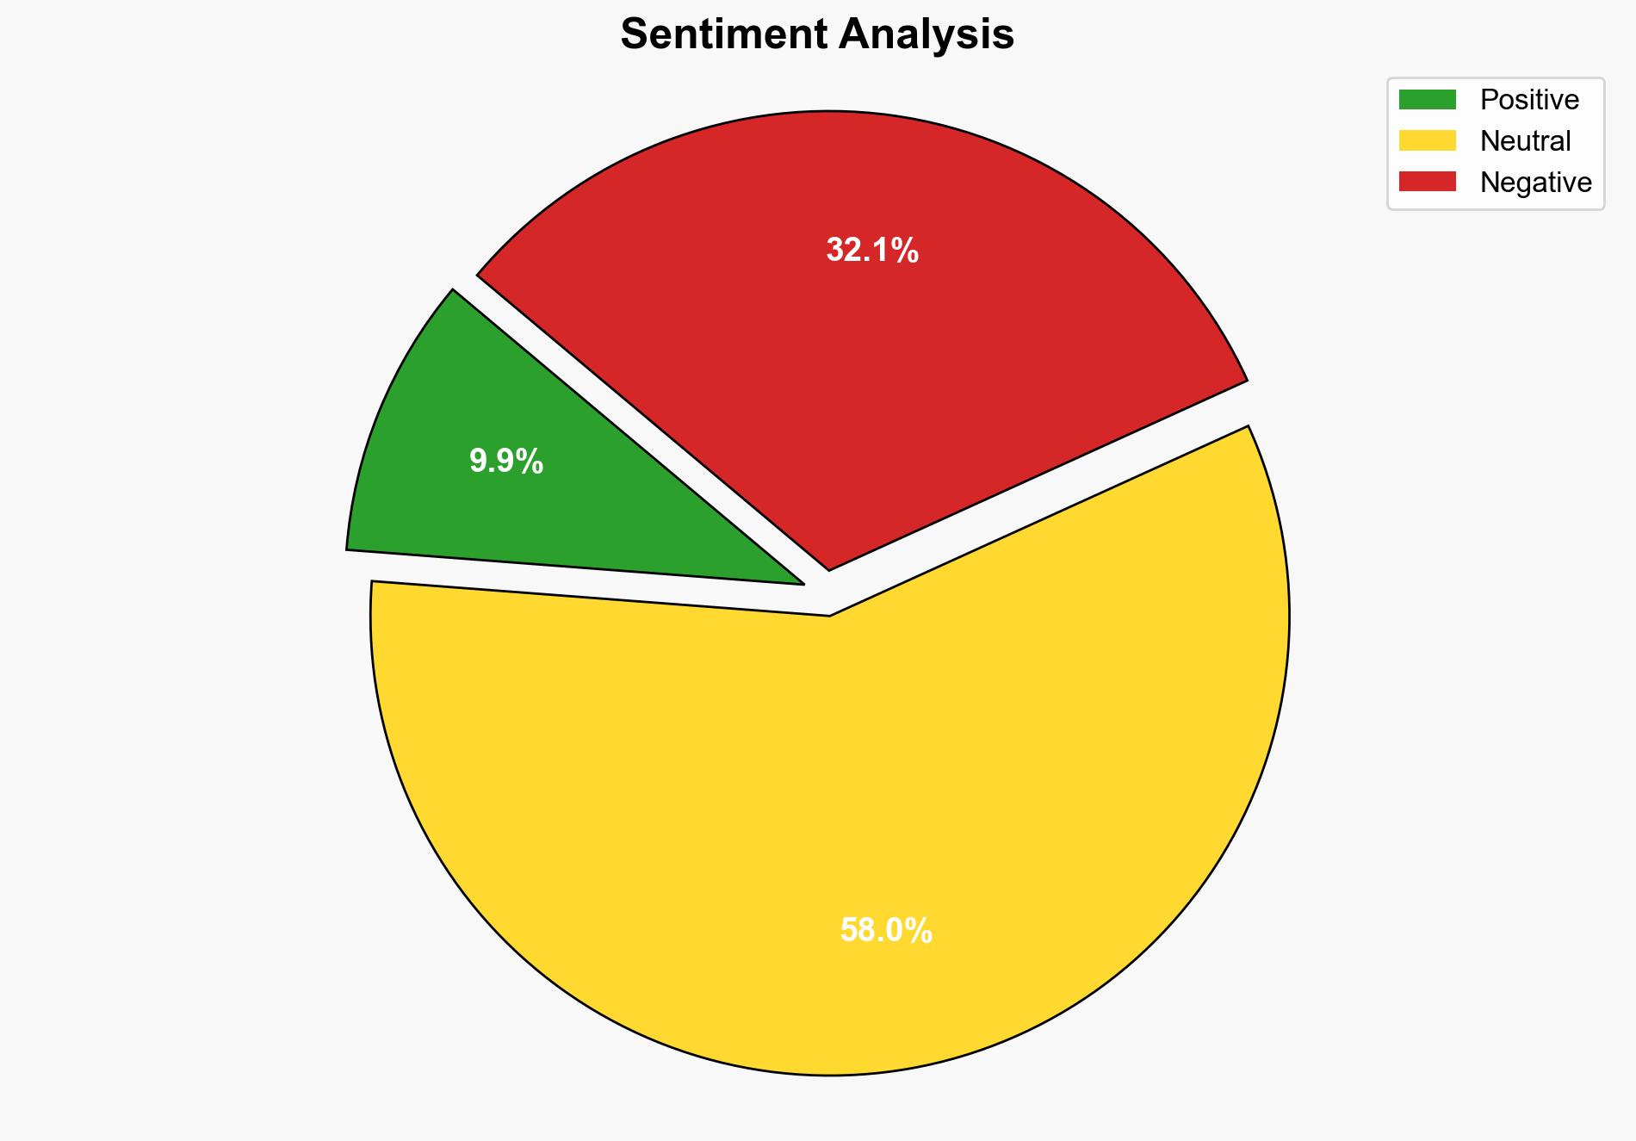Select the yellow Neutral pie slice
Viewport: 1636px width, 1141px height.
coord(827,818)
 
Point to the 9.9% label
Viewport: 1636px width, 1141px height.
coord(506,462)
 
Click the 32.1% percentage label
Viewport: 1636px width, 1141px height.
coord(872,251)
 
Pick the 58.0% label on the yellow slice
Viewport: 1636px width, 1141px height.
coord(886,931)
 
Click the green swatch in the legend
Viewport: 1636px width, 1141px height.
coord(1427,100)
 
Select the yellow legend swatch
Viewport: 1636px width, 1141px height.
coord(1427,140)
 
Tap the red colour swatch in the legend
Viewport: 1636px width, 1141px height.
coord(1427,182)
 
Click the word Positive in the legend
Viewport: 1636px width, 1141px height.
coord(1529,100)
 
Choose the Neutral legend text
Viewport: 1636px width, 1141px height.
coord(1525,141)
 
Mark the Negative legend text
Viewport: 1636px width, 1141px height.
coord(1535,183)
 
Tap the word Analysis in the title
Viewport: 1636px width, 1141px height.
coord(926,34)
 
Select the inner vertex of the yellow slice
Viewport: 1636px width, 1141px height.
coord(829,614)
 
